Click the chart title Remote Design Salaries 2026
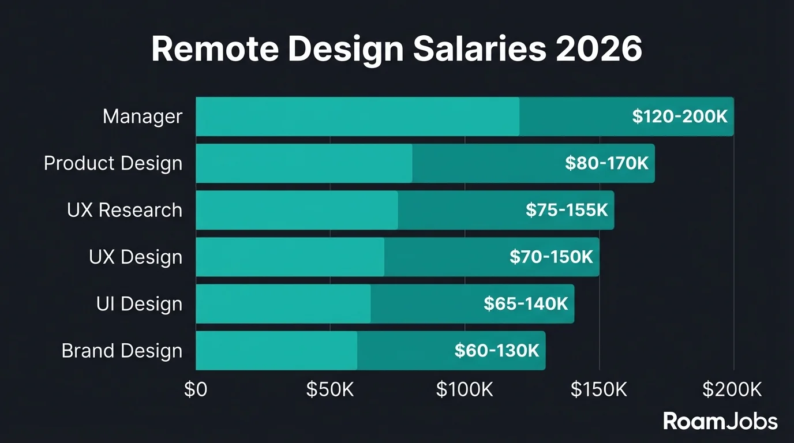(396, 50)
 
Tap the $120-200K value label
(680, 117)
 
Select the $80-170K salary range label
(606, 163)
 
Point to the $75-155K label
(567, 210)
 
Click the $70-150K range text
(551, 257)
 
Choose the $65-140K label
(526, 304)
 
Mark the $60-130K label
(497, 351)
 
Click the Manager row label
(143, 117)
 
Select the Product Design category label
(113, 163)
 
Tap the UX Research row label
(125, 210)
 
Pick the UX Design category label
(136, 257)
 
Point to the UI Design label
(139, 304)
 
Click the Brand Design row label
(122, 351)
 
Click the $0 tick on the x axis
(196, 390)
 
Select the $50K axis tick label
(329, 390)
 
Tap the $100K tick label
(465, 390)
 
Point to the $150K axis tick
(599, 390)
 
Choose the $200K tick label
(732, 390)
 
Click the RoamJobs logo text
(720, 421)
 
